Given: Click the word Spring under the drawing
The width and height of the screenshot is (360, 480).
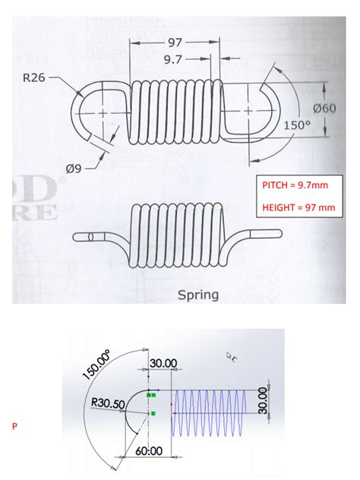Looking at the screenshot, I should (197, 294).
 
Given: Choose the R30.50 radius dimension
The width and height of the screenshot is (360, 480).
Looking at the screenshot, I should (108, 405).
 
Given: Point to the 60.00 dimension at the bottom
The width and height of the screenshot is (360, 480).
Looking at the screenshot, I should (150, 450).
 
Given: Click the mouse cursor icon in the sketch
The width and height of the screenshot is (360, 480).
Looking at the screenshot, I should (232, 355).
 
